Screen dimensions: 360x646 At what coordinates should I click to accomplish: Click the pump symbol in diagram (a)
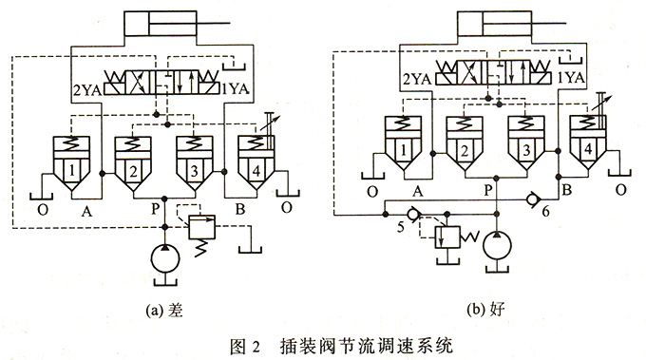[x=163, y=259]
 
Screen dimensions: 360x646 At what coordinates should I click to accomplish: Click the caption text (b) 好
[x=494, y=312]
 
